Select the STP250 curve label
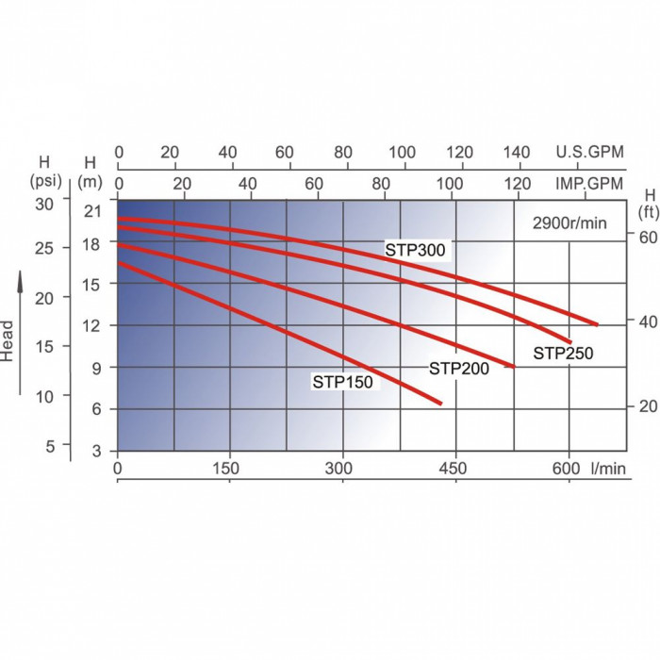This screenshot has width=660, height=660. coord(563,354)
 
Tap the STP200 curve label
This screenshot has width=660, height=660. coord(459,369)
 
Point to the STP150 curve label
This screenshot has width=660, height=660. coord(343,382)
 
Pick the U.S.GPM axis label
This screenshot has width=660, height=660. coord(590,152)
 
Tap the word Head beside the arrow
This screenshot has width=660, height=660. coord(8,342)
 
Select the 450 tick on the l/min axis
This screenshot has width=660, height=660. coord(454,468)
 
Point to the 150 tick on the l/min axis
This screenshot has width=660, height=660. coord(227,468)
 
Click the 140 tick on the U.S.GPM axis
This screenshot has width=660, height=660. coord(518,152)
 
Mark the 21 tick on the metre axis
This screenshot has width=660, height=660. coord(91,210)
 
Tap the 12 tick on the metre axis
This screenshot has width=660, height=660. coord(91,325)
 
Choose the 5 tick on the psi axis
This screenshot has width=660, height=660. coord(52,444)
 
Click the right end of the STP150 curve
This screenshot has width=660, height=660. coord(440,404)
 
